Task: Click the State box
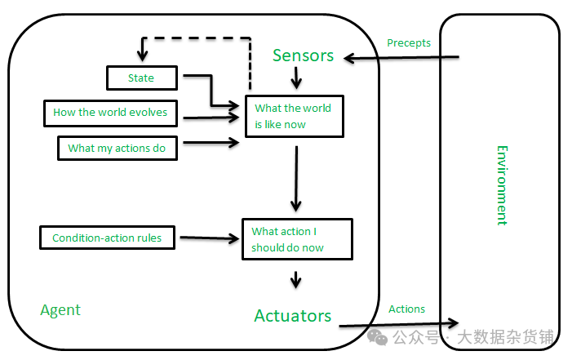142,78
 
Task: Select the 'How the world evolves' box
110,113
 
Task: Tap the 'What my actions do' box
118,148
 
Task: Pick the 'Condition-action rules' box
107,238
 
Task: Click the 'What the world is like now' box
295,116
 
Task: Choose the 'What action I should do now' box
297,239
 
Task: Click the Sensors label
304,56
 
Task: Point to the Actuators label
293,316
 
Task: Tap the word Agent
60,310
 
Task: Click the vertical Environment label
503,185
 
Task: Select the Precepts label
409,43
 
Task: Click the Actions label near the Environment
406,309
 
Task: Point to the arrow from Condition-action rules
210,238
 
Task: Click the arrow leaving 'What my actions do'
211,142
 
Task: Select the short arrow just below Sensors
296,78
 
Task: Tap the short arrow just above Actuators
296,280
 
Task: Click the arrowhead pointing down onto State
142,56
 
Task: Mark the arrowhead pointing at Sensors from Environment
349,58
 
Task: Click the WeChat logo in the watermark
377,337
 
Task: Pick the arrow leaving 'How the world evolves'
211,118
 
